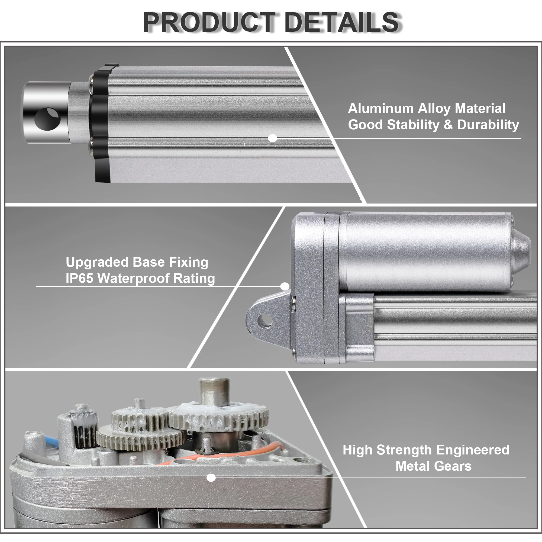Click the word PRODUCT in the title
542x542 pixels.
click(x=209, y=22)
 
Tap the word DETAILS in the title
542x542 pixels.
click(x=341, y=22)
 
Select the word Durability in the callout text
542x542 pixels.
click(x=488, y=125)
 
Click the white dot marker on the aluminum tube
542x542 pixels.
click(x=272, y=138)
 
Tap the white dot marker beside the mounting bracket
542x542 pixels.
click(x=285, y=286)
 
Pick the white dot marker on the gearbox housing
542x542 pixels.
click(x=211, y=478)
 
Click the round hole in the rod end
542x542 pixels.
click(x=47, y=119)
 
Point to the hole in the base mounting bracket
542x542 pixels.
click(x=264, y=321)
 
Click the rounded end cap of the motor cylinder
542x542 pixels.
click(x=520, y=251)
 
